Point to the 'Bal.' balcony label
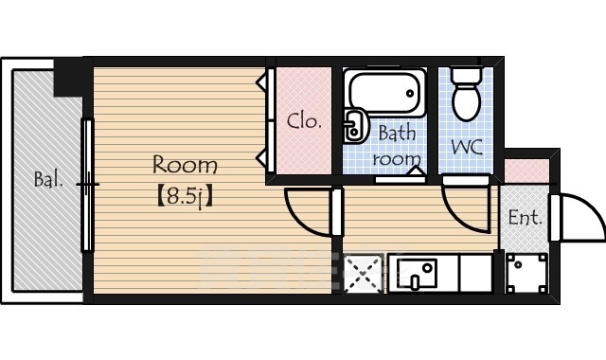click(48, 179)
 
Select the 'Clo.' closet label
click(304, 121)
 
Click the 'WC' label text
click(467, 147)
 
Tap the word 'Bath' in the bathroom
click(398, 133)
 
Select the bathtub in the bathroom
click(385, 93)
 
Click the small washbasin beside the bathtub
click(353, 126)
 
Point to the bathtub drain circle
click(410, 93)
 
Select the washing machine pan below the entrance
click(526, 273)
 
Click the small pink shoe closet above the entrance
click(526, 171)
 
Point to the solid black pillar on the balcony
click(68, 78)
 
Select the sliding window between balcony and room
click(88, 185)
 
